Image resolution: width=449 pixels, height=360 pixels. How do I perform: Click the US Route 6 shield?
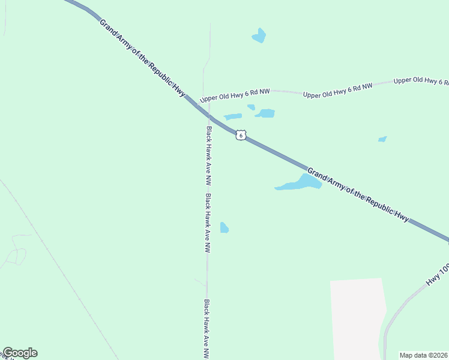coord(240,135)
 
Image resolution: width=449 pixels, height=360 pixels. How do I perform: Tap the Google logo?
coord(20,353)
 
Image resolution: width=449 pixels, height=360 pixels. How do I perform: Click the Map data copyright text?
coord(424,355)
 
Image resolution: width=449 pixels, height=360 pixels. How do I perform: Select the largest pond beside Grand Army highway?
coord(300,183)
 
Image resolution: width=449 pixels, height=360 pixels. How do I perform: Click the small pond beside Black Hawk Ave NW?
coord(224,227)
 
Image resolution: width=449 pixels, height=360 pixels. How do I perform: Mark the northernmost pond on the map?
coord(259,36)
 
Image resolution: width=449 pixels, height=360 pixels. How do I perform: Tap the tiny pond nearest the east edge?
coord(382,139)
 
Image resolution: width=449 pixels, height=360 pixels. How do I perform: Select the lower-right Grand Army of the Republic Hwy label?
coord(359,196)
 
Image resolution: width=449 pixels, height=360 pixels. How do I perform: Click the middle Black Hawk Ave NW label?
coord(207,223)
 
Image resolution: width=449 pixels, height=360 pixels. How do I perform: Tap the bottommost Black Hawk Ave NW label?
coord(206,328)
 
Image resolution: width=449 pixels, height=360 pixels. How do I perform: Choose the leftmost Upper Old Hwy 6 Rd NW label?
coord(235,95)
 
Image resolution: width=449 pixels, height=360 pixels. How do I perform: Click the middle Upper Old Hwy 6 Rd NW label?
coord(337,91)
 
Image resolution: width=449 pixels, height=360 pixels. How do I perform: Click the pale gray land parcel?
coord(357,318)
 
